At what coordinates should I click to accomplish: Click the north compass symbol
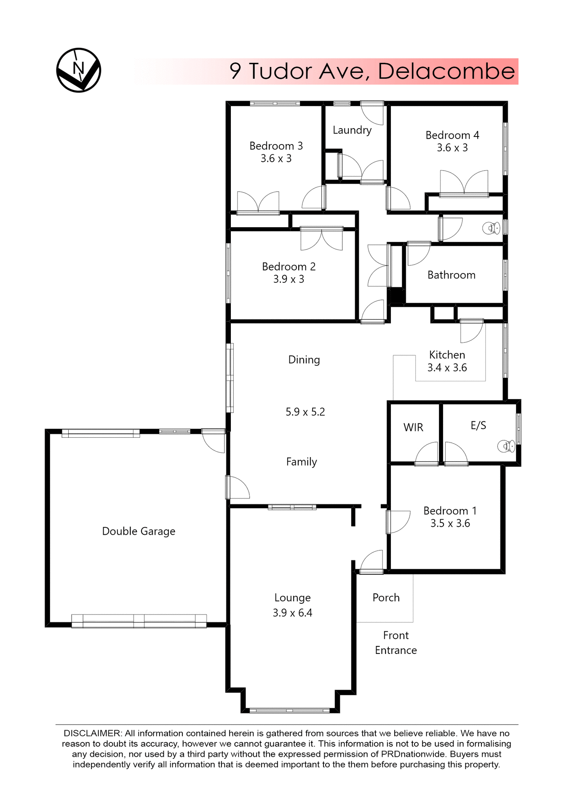tap(79, 70)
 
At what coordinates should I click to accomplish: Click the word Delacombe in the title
tap(446, 71)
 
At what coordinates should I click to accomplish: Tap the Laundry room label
tap(352, 130)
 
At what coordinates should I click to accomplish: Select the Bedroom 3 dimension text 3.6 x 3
tap(276, 159)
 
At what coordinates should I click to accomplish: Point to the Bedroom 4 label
tap(452, 135)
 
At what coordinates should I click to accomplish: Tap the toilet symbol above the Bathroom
tap(491, 228)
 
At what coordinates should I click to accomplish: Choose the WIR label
tap(413, 427)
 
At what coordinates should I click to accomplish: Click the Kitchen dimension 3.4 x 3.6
tap(447, 368)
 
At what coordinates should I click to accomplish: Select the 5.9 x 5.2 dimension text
tap(305, 412)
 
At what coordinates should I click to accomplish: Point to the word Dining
tap(304, 360)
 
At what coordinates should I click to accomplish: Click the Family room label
tap(301, 462)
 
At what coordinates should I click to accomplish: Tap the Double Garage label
tap(139, 531)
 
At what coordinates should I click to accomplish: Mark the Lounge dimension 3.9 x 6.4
tap(292, 613)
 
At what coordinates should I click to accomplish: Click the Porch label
tap(386, 598)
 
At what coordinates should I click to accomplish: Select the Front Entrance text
tap(396, 643)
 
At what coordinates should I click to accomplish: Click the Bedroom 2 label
tap(289, 267)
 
